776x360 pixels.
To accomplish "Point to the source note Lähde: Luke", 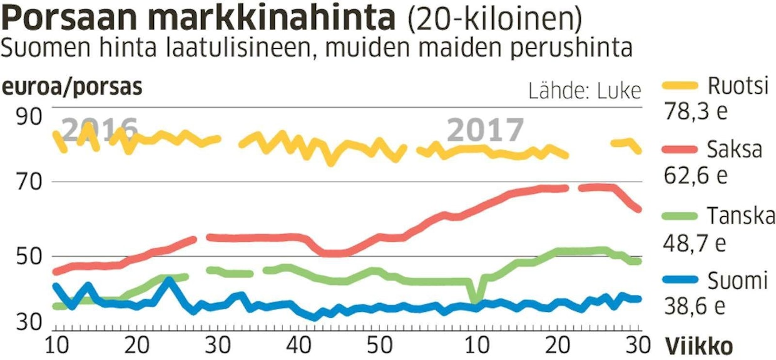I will pyautogui.click(x=585, y=91).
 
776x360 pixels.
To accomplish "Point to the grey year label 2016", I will pyautogui.click(x=100, y=130).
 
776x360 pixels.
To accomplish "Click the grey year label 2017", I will pyautogui.click(x=485, y=130).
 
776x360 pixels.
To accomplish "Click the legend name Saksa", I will pyautogui.click(x=735, y=150).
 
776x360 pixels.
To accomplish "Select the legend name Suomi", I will pyautogui.click(x=737, y=281).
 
